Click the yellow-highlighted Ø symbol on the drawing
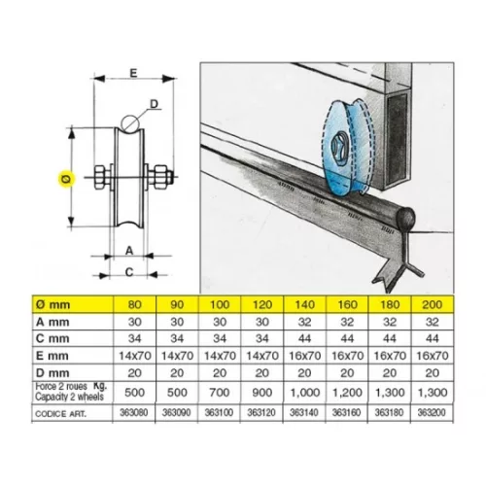pyautogui.click(x=66, y=179)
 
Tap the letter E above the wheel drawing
pyautogui.click(x=133, y=73)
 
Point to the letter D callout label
pyautogui.click(x=154, y=104)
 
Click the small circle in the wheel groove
pyautogui.click(x=130, y=123)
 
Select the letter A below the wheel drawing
pyautogui.click(x=129, y=251)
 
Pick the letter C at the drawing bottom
pyautogui.click(x=129, y=272)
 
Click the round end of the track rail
pyautogui.click(x=406, y=217)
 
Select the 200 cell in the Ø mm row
pyautogui.click(x=433, y=304)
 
